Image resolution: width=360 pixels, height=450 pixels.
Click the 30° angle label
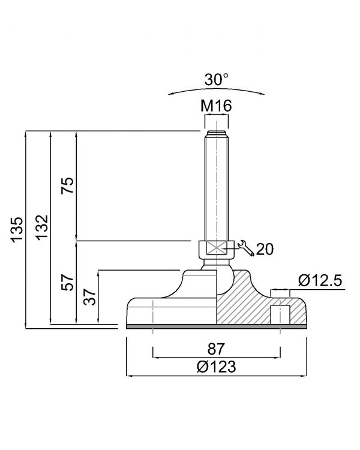tap(217, 79)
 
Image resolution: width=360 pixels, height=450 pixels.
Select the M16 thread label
tap(216, 106)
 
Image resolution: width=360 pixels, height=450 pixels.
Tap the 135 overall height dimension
tap(17, 230)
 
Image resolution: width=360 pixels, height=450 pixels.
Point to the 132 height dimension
tap(41, 227)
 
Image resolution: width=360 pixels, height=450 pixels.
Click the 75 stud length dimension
tap(67, 185)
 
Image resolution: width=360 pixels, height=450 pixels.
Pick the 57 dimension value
tap(67, 283)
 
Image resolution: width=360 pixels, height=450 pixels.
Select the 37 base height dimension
tap(89, 297)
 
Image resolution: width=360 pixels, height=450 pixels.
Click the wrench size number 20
tap(265, 249)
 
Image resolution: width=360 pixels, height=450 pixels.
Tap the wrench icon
tap(246, 248)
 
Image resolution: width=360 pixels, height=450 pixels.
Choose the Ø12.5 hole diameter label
tap(320, 280)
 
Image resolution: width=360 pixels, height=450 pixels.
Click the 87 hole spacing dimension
tap(216, 349)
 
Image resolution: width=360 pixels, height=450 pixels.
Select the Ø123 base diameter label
tap(217, 367)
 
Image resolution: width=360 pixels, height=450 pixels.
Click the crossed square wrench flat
tap(216, 247)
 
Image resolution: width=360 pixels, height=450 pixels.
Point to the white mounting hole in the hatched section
tap(280, 314)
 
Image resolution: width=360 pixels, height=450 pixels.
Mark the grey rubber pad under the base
tap(217, 326)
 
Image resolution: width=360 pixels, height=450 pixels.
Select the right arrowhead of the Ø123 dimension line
tap(304, 376)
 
